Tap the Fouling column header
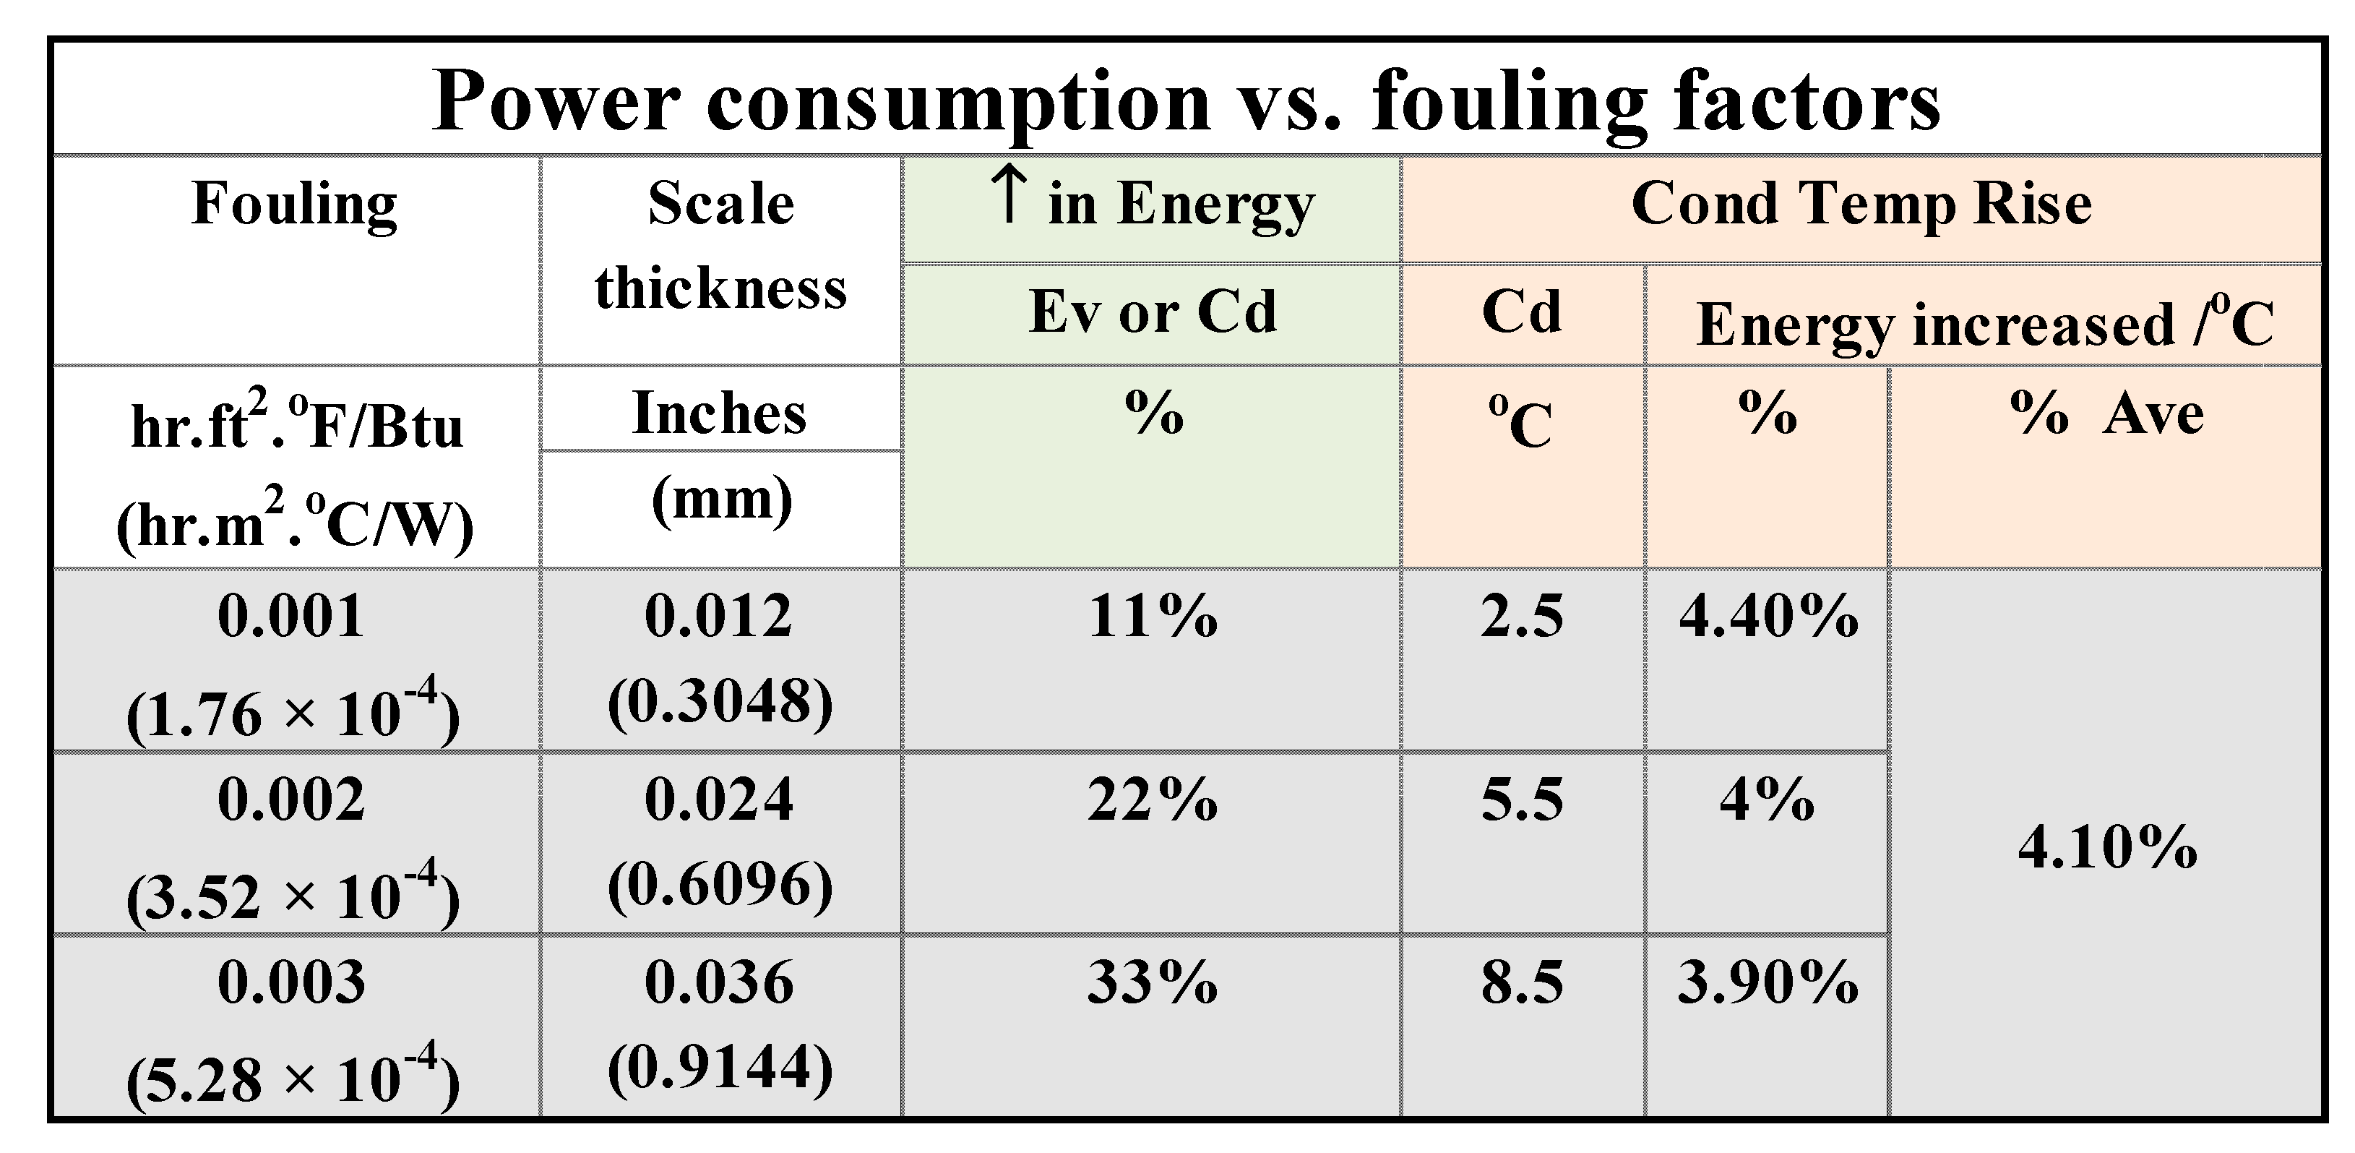coord(294,203)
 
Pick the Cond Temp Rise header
coord(1861,203)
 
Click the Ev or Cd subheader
coord(1152,312)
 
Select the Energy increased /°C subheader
coord(1984,324)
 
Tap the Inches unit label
coord(720,413)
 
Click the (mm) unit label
coord(721,500)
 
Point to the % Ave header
coord(2106,413)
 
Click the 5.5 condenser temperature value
coord(1522,799)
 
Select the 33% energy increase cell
coord(1152,983)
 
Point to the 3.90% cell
coord(1768,983)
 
